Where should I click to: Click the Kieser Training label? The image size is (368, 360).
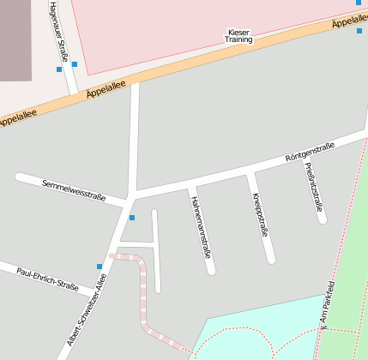238,36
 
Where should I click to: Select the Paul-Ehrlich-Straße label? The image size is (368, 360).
48,279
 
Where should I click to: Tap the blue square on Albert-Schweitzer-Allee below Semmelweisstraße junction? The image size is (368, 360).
132,218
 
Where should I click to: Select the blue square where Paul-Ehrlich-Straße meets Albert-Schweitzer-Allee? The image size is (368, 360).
100,267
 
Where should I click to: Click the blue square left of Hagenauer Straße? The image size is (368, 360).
58,69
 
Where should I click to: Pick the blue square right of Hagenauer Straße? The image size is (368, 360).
75,64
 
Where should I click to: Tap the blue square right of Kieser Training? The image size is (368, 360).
359,31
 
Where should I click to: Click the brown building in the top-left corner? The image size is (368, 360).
15,39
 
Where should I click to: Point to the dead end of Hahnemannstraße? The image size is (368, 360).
211,270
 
